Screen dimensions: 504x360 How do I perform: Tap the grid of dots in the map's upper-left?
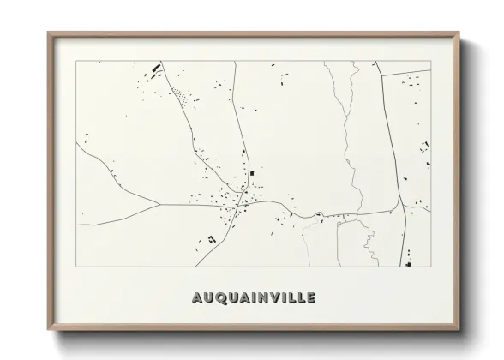181,96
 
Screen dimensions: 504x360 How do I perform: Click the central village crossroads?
243,202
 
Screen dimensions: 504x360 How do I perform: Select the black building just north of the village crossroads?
252,174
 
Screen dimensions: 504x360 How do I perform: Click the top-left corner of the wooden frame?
49,33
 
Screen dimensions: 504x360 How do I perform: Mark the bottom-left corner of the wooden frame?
49,330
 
